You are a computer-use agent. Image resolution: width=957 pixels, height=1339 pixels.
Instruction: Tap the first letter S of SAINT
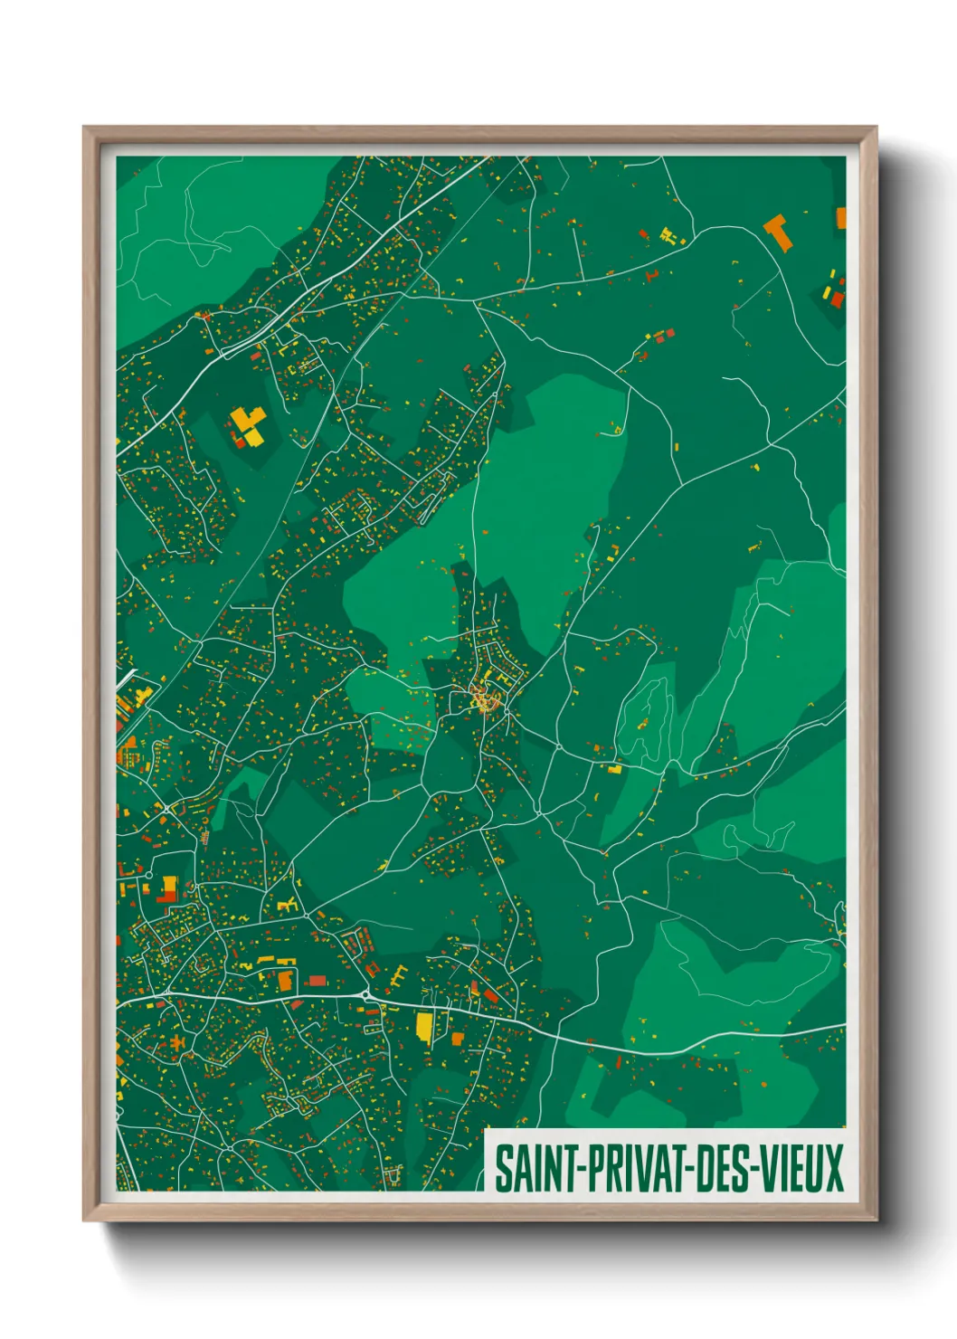(502, 1169)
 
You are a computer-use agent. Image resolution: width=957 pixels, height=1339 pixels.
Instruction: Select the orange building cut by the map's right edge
(840, 218)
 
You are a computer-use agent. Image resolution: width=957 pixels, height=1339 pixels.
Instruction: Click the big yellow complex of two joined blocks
(247, 423)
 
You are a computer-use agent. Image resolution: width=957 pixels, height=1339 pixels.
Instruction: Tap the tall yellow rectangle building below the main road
(424, 1028)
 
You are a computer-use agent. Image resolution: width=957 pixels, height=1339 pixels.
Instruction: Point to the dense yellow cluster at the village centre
(486, 699)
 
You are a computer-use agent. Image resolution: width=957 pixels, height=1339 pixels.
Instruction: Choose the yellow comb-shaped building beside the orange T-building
(669, 236)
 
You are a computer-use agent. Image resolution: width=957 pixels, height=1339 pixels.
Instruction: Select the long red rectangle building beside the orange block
(317, 980)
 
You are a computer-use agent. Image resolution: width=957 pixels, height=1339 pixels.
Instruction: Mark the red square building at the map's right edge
(837, 299)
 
